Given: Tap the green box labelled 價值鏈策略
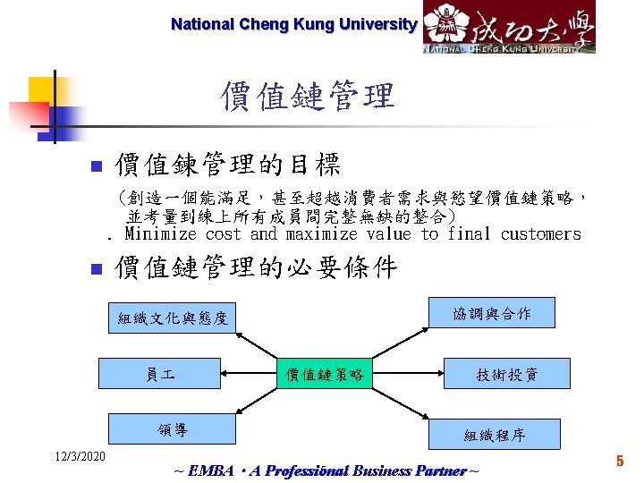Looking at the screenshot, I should point(325,374).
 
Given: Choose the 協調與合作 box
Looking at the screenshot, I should point(492,314).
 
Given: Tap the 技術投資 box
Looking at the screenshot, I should point(506,374).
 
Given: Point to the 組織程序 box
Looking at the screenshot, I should point(495,436).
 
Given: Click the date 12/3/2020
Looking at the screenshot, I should point(78,458).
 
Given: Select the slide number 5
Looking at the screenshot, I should point(618,462).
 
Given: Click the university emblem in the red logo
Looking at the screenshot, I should point(445,24).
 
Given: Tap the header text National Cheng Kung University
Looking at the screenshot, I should point(293,24).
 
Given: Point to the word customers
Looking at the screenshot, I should point(540,234).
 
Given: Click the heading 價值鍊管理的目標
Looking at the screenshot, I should point(227,165).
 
